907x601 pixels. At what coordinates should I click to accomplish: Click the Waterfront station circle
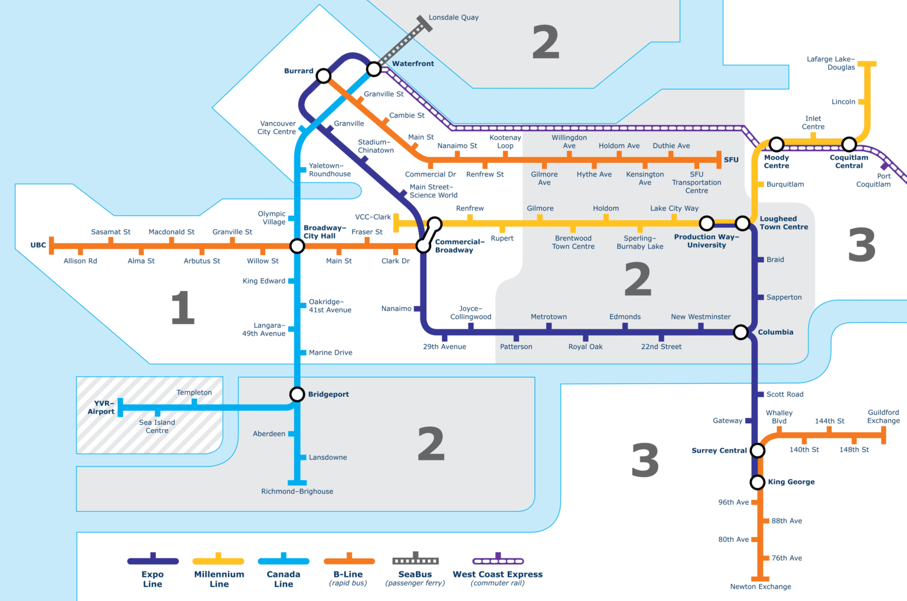point(374,69)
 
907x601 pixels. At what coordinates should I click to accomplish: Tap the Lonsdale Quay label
point(453,18)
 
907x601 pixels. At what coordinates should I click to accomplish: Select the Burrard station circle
point(323,76)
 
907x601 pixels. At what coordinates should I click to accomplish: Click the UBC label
point(38,245)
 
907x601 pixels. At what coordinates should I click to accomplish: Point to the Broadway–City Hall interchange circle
point(297,246)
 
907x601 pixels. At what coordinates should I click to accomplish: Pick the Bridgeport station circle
point(296,394)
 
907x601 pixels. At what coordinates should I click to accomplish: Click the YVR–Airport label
point(101,407)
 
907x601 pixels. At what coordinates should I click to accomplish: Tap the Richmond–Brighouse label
point(297,491)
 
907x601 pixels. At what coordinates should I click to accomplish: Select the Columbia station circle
point(740,332)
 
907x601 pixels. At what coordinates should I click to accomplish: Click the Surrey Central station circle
point(757,450)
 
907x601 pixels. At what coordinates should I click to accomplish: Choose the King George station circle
point(757,482)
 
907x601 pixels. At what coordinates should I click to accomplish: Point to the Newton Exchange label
point(761,586)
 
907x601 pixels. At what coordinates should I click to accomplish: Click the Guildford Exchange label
point(883,417)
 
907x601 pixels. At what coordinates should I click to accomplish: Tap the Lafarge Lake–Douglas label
point(831,63)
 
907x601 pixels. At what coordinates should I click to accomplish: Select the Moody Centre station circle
point(777,144)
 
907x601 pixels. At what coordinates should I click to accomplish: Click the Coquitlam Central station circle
point(849,144)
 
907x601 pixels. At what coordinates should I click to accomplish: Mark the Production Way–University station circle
point(706,223)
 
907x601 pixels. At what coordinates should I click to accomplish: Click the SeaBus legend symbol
point(415,560)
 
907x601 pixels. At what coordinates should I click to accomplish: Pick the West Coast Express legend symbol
point(498,560)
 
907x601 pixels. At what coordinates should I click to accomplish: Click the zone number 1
point(182,308)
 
